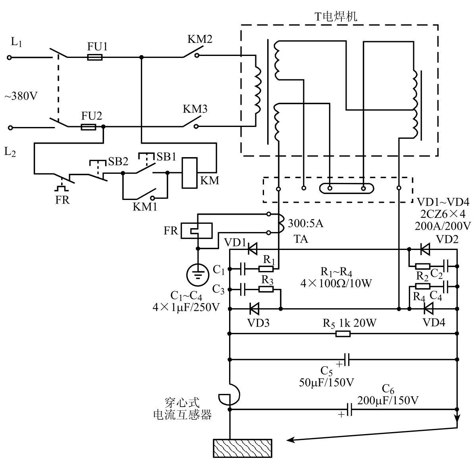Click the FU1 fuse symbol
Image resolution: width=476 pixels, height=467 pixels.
coord(95,57)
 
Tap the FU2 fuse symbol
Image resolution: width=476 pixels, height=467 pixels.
coord(89,127)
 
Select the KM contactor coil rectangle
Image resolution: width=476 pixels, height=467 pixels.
coord(189,173)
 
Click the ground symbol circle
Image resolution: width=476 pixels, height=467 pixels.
coord(198,275)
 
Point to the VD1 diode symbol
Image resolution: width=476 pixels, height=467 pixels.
coord(252,250)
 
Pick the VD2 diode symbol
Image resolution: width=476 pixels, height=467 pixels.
coord(425,250)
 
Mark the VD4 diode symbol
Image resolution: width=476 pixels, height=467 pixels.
coord(428,309)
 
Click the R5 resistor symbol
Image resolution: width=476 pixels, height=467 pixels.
coord(343,334)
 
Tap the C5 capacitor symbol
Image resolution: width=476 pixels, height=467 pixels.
coord(347,359)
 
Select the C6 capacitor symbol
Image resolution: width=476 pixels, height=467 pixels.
coord(349,409)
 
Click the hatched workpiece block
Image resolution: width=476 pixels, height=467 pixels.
coord(243,448)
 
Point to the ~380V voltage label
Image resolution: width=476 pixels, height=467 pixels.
coord(21,96)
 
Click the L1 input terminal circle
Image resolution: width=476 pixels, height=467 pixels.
coord(10,58)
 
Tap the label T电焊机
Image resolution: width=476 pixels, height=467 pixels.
coord(336,16)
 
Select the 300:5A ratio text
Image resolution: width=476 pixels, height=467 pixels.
coord(306,223)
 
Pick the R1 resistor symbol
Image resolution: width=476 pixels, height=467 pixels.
coord(266,269)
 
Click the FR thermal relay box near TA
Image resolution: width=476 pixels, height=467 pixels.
coord(197,231)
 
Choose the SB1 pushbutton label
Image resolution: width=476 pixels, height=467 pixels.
coord(166,157)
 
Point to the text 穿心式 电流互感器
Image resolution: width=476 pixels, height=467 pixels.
coord(183,408)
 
